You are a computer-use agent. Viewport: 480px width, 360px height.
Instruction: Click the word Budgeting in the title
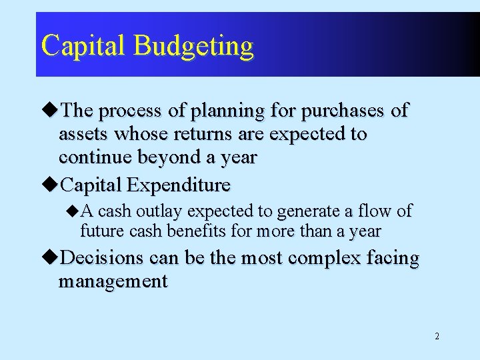click(193, 47)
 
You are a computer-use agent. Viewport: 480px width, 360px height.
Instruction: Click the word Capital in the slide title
click(83, 45)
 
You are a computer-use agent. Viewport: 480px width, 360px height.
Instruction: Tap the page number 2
click(437, 336)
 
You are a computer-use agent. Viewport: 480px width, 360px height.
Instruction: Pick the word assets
click(84, 134)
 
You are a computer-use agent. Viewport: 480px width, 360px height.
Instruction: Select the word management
click(113, 281)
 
